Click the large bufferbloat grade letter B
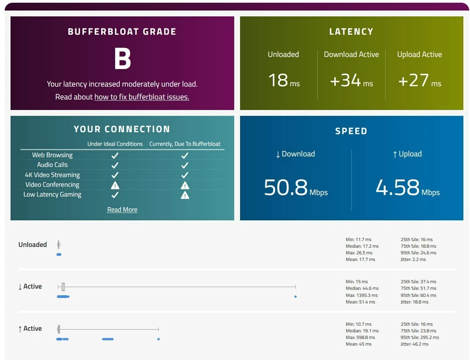[122, 59]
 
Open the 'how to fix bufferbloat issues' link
[142, 97]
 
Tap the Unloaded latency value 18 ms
[283, 81]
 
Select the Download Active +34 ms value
[351, 81]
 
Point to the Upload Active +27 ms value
[419, 81]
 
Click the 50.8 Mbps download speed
[296, 188]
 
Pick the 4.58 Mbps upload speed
[408, 188]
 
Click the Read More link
[122, 209]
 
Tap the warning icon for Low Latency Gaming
[185, 195]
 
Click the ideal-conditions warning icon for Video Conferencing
[115, 185]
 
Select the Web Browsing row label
[52, 155]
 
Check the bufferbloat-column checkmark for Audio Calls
[185, 165]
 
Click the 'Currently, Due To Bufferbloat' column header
[185, 144]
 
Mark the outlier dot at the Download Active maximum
[296, 297]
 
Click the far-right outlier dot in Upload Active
[158, 339]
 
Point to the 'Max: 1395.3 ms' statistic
[362, 295]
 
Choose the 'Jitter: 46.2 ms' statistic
[415, 344]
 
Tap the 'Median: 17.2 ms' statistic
[362, 246]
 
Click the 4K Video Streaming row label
[52, 175]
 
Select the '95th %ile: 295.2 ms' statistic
[420, 337]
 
